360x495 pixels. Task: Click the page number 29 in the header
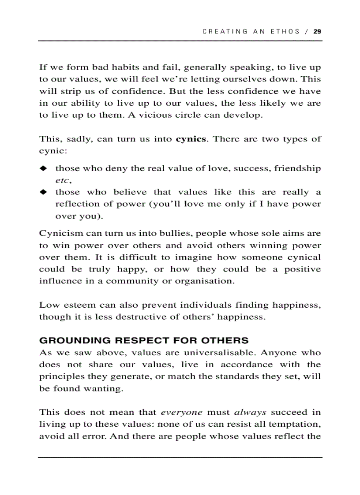pyautogui.click(x=317, y=31)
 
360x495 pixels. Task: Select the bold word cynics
pyautogui.click(x=191, y=139)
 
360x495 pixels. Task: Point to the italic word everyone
pyautogui.click(x=181, y=413)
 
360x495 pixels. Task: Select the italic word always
pyautogui.click(x=250, y=413)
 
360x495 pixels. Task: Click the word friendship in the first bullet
pyautogui.click(x=298, y=169)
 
